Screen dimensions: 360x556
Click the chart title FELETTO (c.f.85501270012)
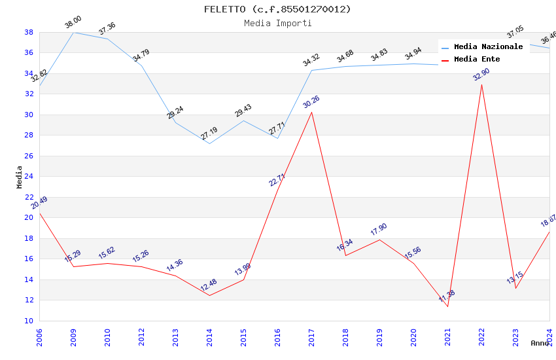pos(277,9)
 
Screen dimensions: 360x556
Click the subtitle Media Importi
pos(277,24)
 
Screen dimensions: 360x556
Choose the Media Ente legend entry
pos(477,60)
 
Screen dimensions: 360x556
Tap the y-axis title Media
pos(20,177)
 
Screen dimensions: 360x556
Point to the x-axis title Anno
pos(540,343)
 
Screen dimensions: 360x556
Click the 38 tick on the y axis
pos(29,32)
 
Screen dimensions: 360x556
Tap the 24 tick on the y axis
pos(29,177)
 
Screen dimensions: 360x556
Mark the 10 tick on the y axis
pos(29,321)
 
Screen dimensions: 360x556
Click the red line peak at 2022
pos(481,84)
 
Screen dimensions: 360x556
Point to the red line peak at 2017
pos(311,112)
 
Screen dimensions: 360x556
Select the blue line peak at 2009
pos(73,32)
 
